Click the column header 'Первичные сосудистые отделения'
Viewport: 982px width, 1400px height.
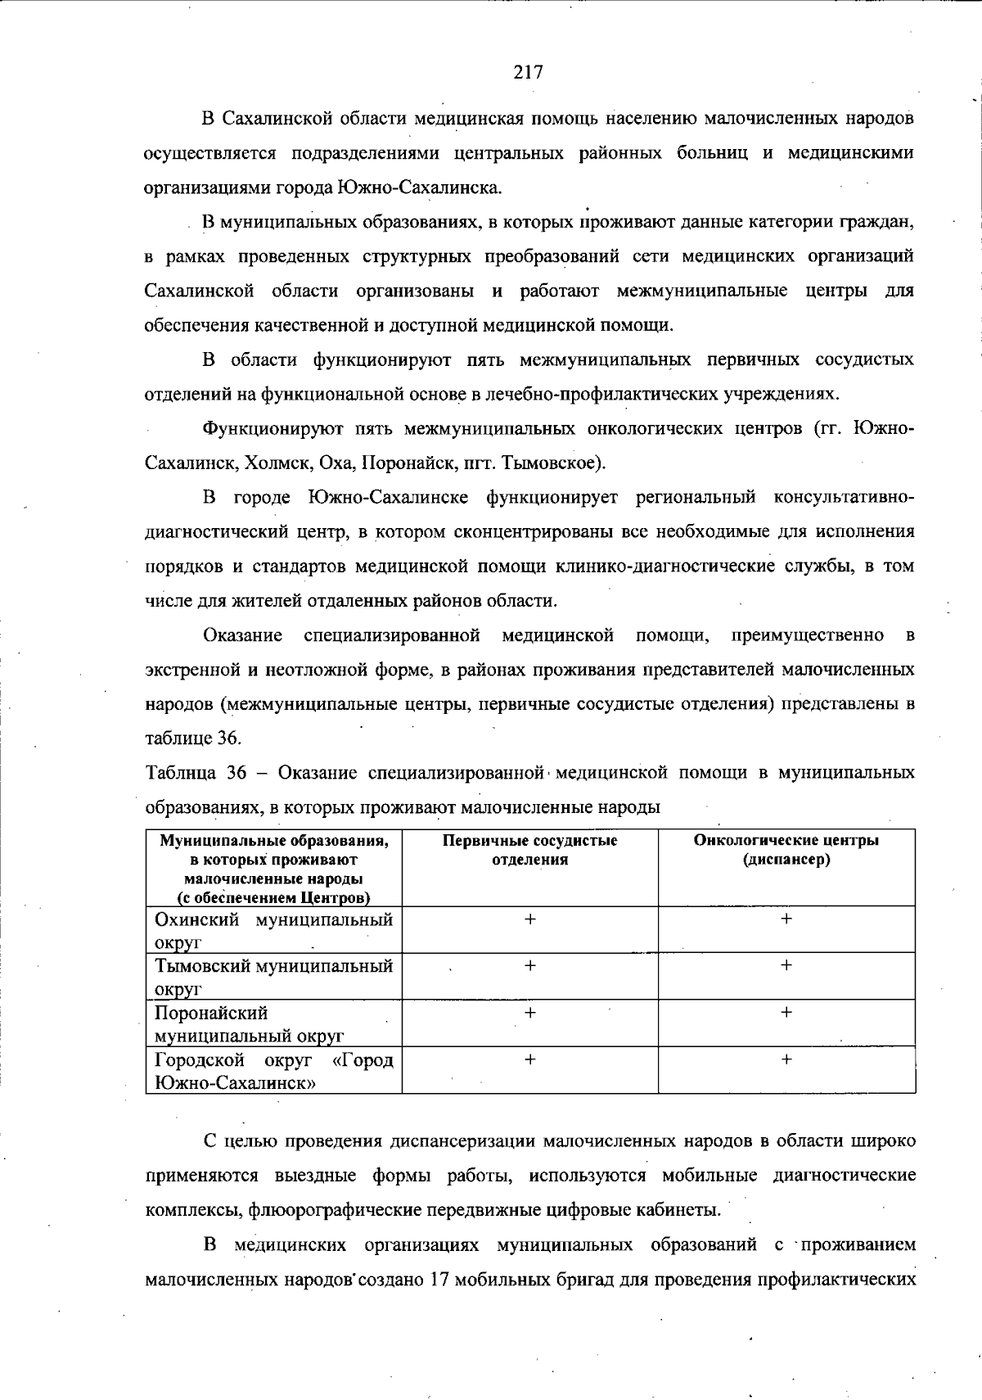tap(529, 850)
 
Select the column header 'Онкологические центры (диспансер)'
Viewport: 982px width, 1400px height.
tap(786, 850)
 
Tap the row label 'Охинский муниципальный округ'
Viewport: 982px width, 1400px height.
tap(273, 930)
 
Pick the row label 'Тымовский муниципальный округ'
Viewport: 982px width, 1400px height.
tap(273, 977)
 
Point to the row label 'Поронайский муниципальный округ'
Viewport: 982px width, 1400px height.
tap(249, 1024)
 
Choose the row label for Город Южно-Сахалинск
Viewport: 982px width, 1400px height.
tap(273, 1071)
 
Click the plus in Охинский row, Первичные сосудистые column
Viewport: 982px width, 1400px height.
tap(529, 919)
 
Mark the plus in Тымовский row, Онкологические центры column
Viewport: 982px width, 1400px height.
tap(786, 966)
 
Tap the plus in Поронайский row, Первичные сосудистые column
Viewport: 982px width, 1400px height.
tap(529, 1013)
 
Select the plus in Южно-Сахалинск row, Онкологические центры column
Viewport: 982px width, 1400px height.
tap(786, 1059)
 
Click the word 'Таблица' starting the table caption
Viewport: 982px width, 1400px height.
tap(180, 773)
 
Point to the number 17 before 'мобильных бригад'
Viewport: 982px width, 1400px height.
tap(438, 1280)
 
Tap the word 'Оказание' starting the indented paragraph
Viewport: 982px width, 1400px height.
tap(242, 635)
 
